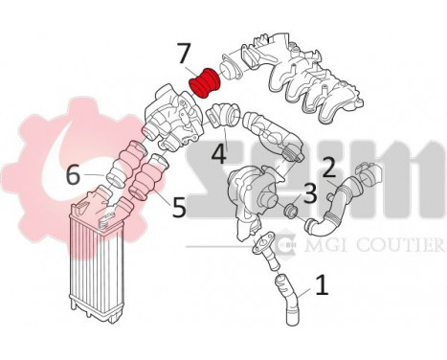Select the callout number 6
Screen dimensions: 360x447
(73, 175)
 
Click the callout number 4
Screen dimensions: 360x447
(218, 152)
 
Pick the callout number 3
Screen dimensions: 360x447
(308, 194)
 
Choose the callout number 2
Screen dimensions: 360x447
(327, 169)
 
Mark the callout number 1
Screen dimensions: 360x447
(323, 284)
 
